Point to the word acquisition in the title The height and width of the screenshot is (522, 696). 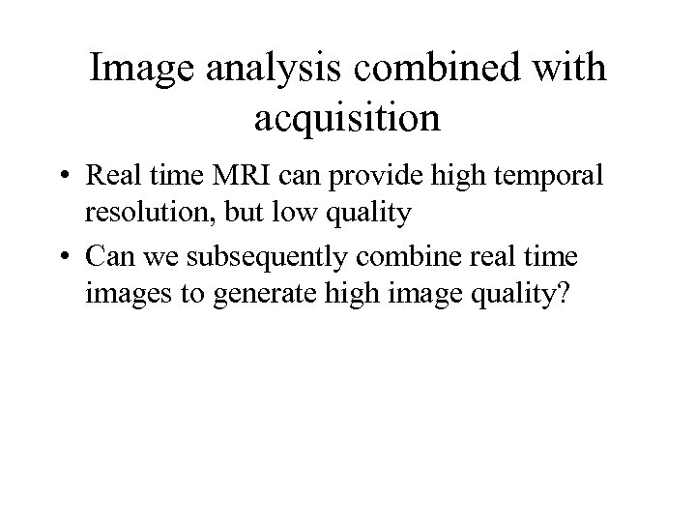tap(347, 119)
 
